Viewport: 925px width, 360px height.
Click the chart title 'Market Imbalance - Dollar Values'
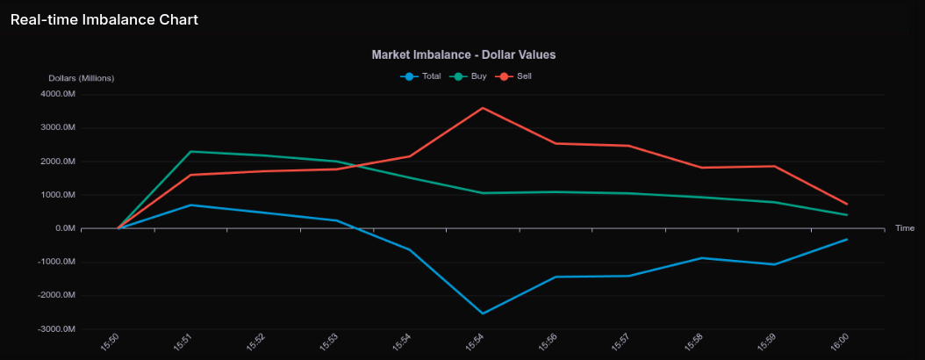(463, 54)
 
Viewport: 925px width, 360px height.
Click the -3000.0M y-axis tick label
(58, 329)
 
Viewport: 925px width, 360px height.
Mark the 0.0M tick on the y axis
(64, 228)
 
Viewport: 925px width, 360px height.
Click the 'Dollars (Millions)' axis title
(81, 78)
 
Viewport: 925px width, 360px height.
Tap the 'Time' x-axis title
(905, 228)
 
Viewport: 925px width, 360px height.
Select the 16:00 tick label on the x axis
(841, 340)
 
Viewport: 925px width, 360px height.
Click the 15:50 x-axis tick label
(111, 340)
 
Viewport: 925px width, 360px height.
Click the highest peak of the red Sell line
(483, 108)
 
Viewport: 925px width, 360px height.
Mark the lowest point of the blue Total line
(483, 313)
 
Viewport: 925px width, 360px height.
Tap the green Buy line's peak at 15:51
(191, 152)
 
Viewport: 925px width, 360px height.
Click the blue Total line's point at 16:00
(847, 239)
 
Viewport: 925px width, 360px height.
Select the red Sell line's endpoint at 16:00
(847, 204)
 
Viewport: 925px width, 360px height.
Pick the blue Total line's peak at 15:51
(191, 205)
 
